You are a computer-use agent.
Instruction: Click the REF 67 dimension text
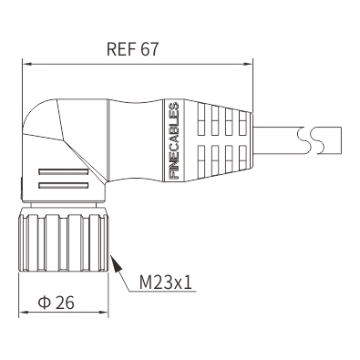tap(132, 49)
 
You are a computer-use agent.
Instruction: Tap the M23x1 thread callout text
tap(166, 283)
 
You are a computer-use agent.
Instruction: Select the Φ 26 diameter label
tap(57, 303)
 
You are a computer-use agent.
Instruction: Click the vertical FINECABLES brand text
tap(173, 140)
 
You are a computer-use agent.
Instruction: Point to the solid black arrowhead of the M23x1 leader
tap(117, 263)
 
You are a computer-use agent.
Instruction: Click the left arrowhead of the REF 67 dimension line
tap(27, 64)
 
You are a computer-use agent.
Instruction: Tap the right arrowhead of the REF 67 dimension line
tap(248, 64)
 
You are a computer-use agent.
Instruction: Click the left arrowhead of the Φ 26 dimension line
tap(24, 313)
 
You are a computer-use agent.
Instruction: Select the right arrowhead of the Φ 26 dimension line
tap(104, 313)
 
